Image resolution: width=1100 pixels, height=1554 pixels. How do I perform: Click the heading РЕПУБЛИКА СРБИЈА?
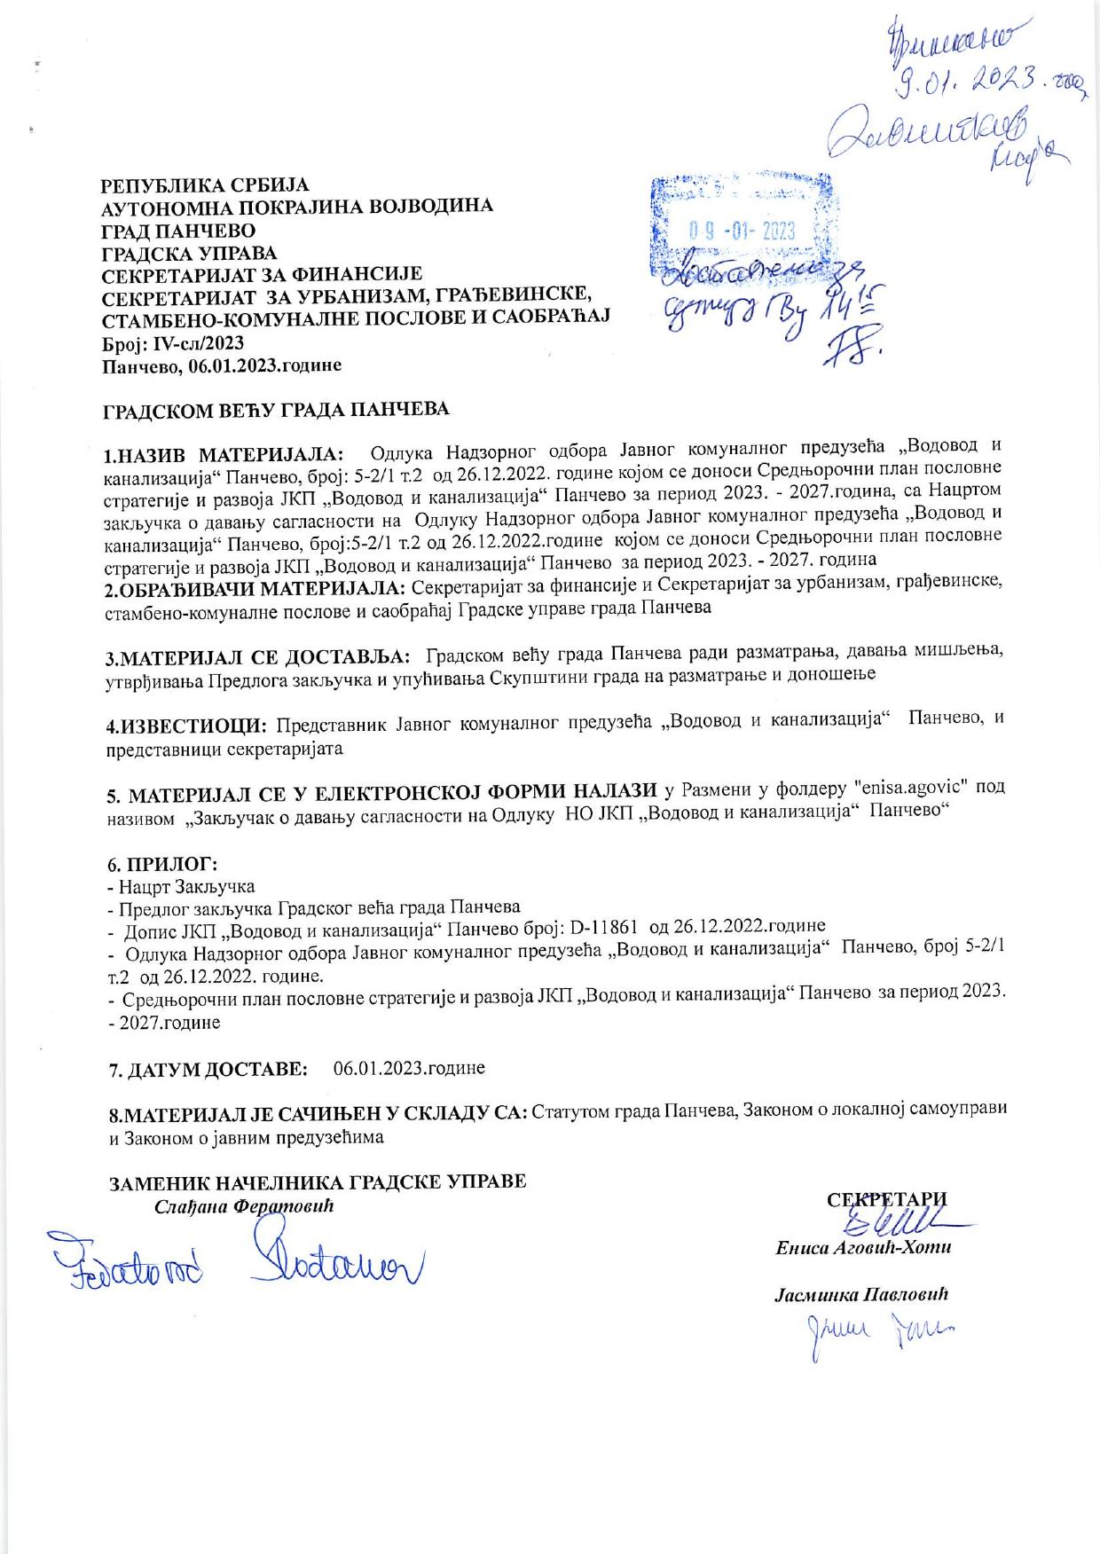206,185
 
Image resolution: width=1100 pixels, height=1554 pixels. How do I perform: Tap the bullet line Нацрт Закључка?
184,886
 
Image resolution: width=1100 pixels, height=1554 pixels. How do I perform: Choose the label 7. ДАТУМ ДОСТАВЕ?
208,1069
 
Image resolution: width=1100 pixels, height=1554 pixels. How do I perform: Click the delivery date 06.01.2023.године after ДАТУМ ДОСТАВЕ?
409,1068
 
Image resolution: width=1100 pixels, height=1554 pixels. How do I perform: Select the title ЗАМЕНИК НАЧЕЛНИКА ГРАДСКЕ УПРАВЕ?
318,1182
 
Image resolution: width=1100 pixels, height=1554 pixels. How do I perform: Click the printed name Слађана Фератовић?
247,1206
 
